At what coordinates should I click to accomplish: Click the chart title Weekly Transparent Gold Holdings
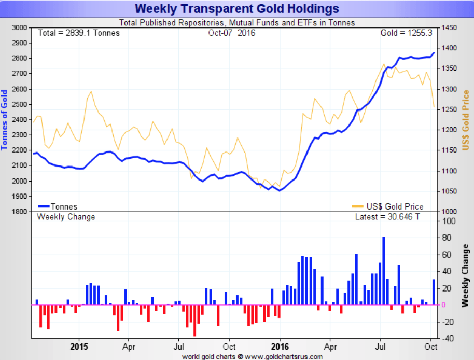tap(237, 9)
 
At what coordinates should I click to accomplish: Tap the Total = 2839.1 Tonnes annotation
tap(79, 33)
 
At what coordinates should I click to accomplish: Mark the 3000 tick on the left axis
tap(19, 27)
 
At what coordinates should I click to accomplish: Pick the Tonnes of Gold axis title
tap(5, 120)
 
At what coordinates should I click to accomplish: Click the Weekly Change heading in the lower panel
tap(66, 217)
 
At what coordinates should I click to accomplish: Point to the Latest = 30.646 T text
tap(387, 217)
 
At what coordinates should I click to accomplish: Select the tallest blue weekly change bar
tap(384, 271)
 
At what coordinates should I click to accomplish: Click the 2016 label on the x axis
tap(280, 346)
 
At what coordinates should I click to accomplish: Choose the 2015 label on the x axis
tap(79, 346)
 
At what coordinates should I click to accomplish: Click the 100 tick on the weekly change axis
tap(447, 221)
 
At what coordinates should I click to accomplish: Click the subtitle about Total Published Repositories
tap(237, 23)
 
